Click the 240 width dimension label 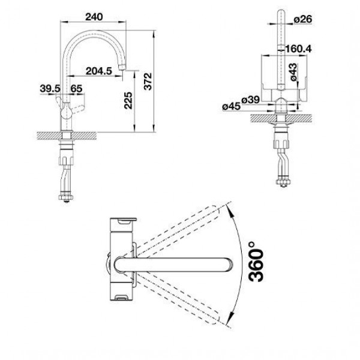94,17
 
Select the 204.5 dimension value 99,71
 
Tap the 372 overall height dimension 148,81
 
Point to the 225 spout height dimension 128,100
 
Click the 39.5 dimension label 50,88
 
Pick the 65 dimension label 76,88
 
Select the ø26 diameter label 303,19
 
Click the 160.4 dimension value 298,49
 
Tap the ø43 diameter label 293,72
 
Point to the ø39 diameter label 250,100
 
